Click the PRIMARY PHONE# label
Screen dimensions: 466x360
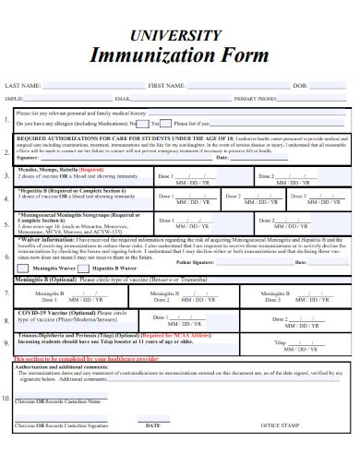click(x=256, y=98)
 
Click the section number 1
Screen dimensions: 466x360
click(x=7, y=119)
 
